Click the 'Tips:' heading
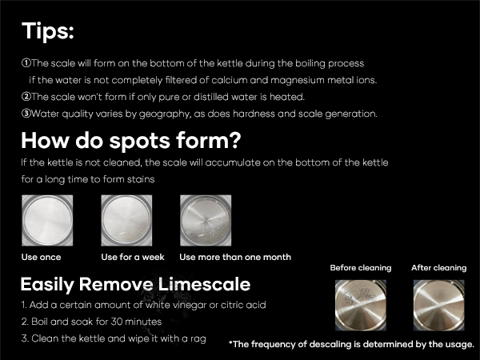pos(47,32)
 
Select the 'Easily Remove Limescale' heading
pos(135,284)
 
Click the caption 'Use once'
pos(41,257)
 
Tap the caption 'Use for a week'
pos(133,257)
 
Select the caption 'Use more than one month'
pos(235,257)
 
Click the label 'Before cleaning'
pos(361,268)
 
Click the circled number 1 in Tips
pos(26,62)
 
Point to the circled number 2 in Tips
pos(26,97)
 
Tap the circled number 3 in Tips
pos(26,114)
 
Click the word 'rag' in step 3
pos(196,338)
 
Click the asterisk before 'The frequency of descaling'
pos(231,343)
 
